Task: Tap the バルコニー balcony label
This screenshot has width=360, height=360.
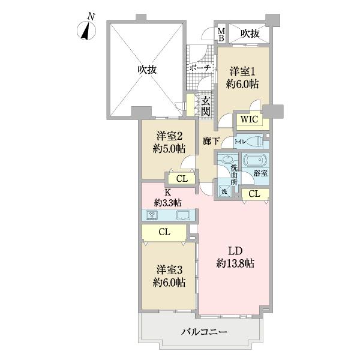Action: [x=202, y=331]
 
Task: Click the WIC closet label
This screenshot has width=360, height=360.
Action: [x=248, y=119]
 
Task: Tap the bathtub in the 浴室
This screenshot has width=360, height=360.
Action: [x=255, y=161]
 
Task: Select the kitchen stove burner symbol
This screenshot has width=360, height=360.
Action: [x=152, y=215]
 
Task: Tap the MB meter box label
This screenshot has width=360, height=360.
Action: [x=221, y=34]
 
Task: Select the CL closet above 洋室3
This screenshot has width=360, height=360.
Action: [x=163, y=232]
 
